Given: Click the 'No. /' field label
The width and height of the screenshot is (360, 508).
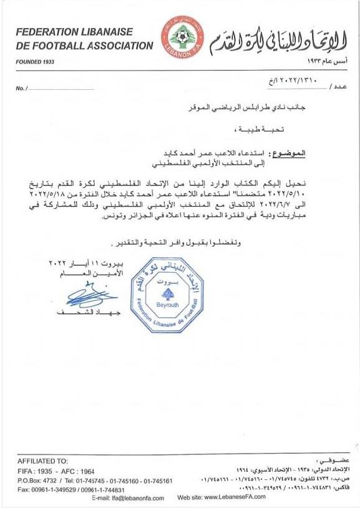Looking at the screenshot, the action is pyautogui.click(x=21, y=89).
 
